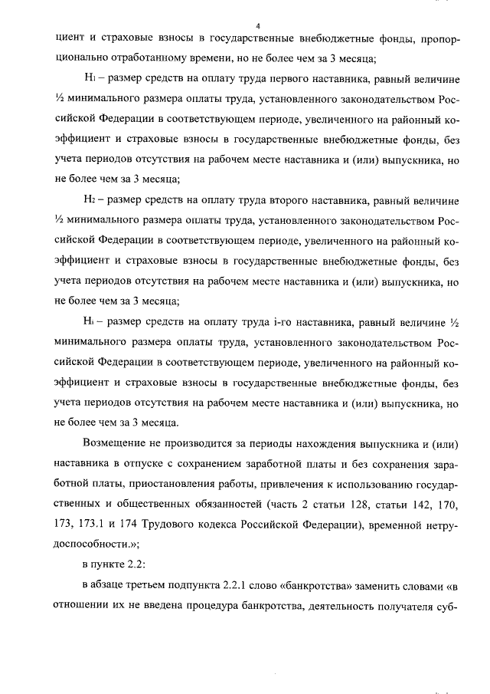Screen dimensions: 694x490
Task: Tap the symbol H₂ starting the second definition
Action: pyautogui.click(x=90, y=202)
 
